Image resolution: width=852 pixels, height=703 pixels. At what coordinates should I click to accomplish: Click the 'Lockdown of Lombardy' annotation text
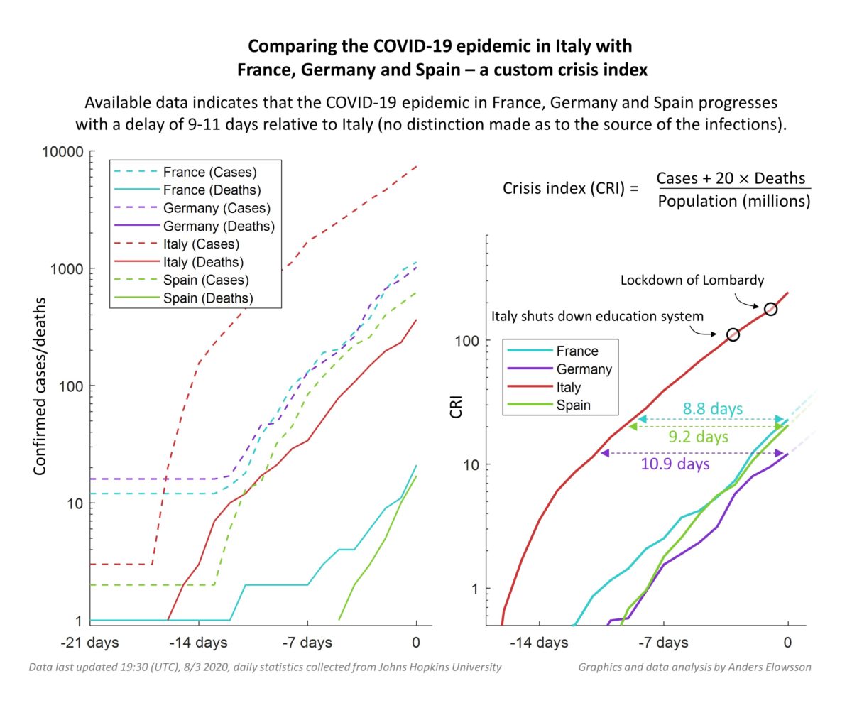tap(692, 280)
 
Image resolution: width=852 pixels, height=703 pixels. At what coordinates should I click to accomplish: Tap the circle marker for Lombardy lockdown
tap(770, 309)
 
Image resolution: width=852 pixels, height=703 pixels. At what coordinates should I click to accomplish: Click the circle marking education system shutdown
tap(733, 334)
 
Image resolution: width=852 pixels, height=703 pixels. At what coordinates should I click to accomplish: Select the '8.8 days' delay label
tap(712, 409)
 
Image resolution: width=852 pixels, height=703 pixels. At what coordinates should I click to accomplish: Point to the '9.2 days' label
tap(698, 437)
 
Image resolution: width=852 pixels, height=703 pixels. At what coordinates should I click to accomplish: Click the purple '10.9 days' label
tap(675, 464)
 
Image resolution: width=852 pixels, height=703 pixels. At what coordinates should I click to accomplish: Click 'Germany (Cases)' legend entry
tap(216, 208)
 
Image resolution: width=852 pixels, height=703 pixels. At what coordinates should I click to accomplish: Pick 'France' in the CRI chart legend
tap(577, 351)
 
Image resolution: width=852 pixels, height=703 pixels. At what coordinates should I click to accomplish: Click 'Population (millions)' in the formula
tap(733, 201)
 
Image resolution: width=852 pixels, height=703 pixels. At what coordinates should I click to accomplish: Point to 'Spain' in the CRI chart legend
tap(574, 406)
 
